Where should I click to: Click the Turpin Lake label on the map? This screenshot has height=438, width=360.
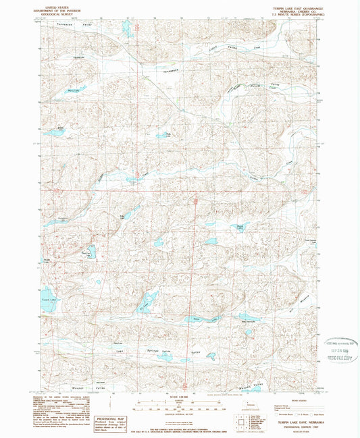pos(47,298)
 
